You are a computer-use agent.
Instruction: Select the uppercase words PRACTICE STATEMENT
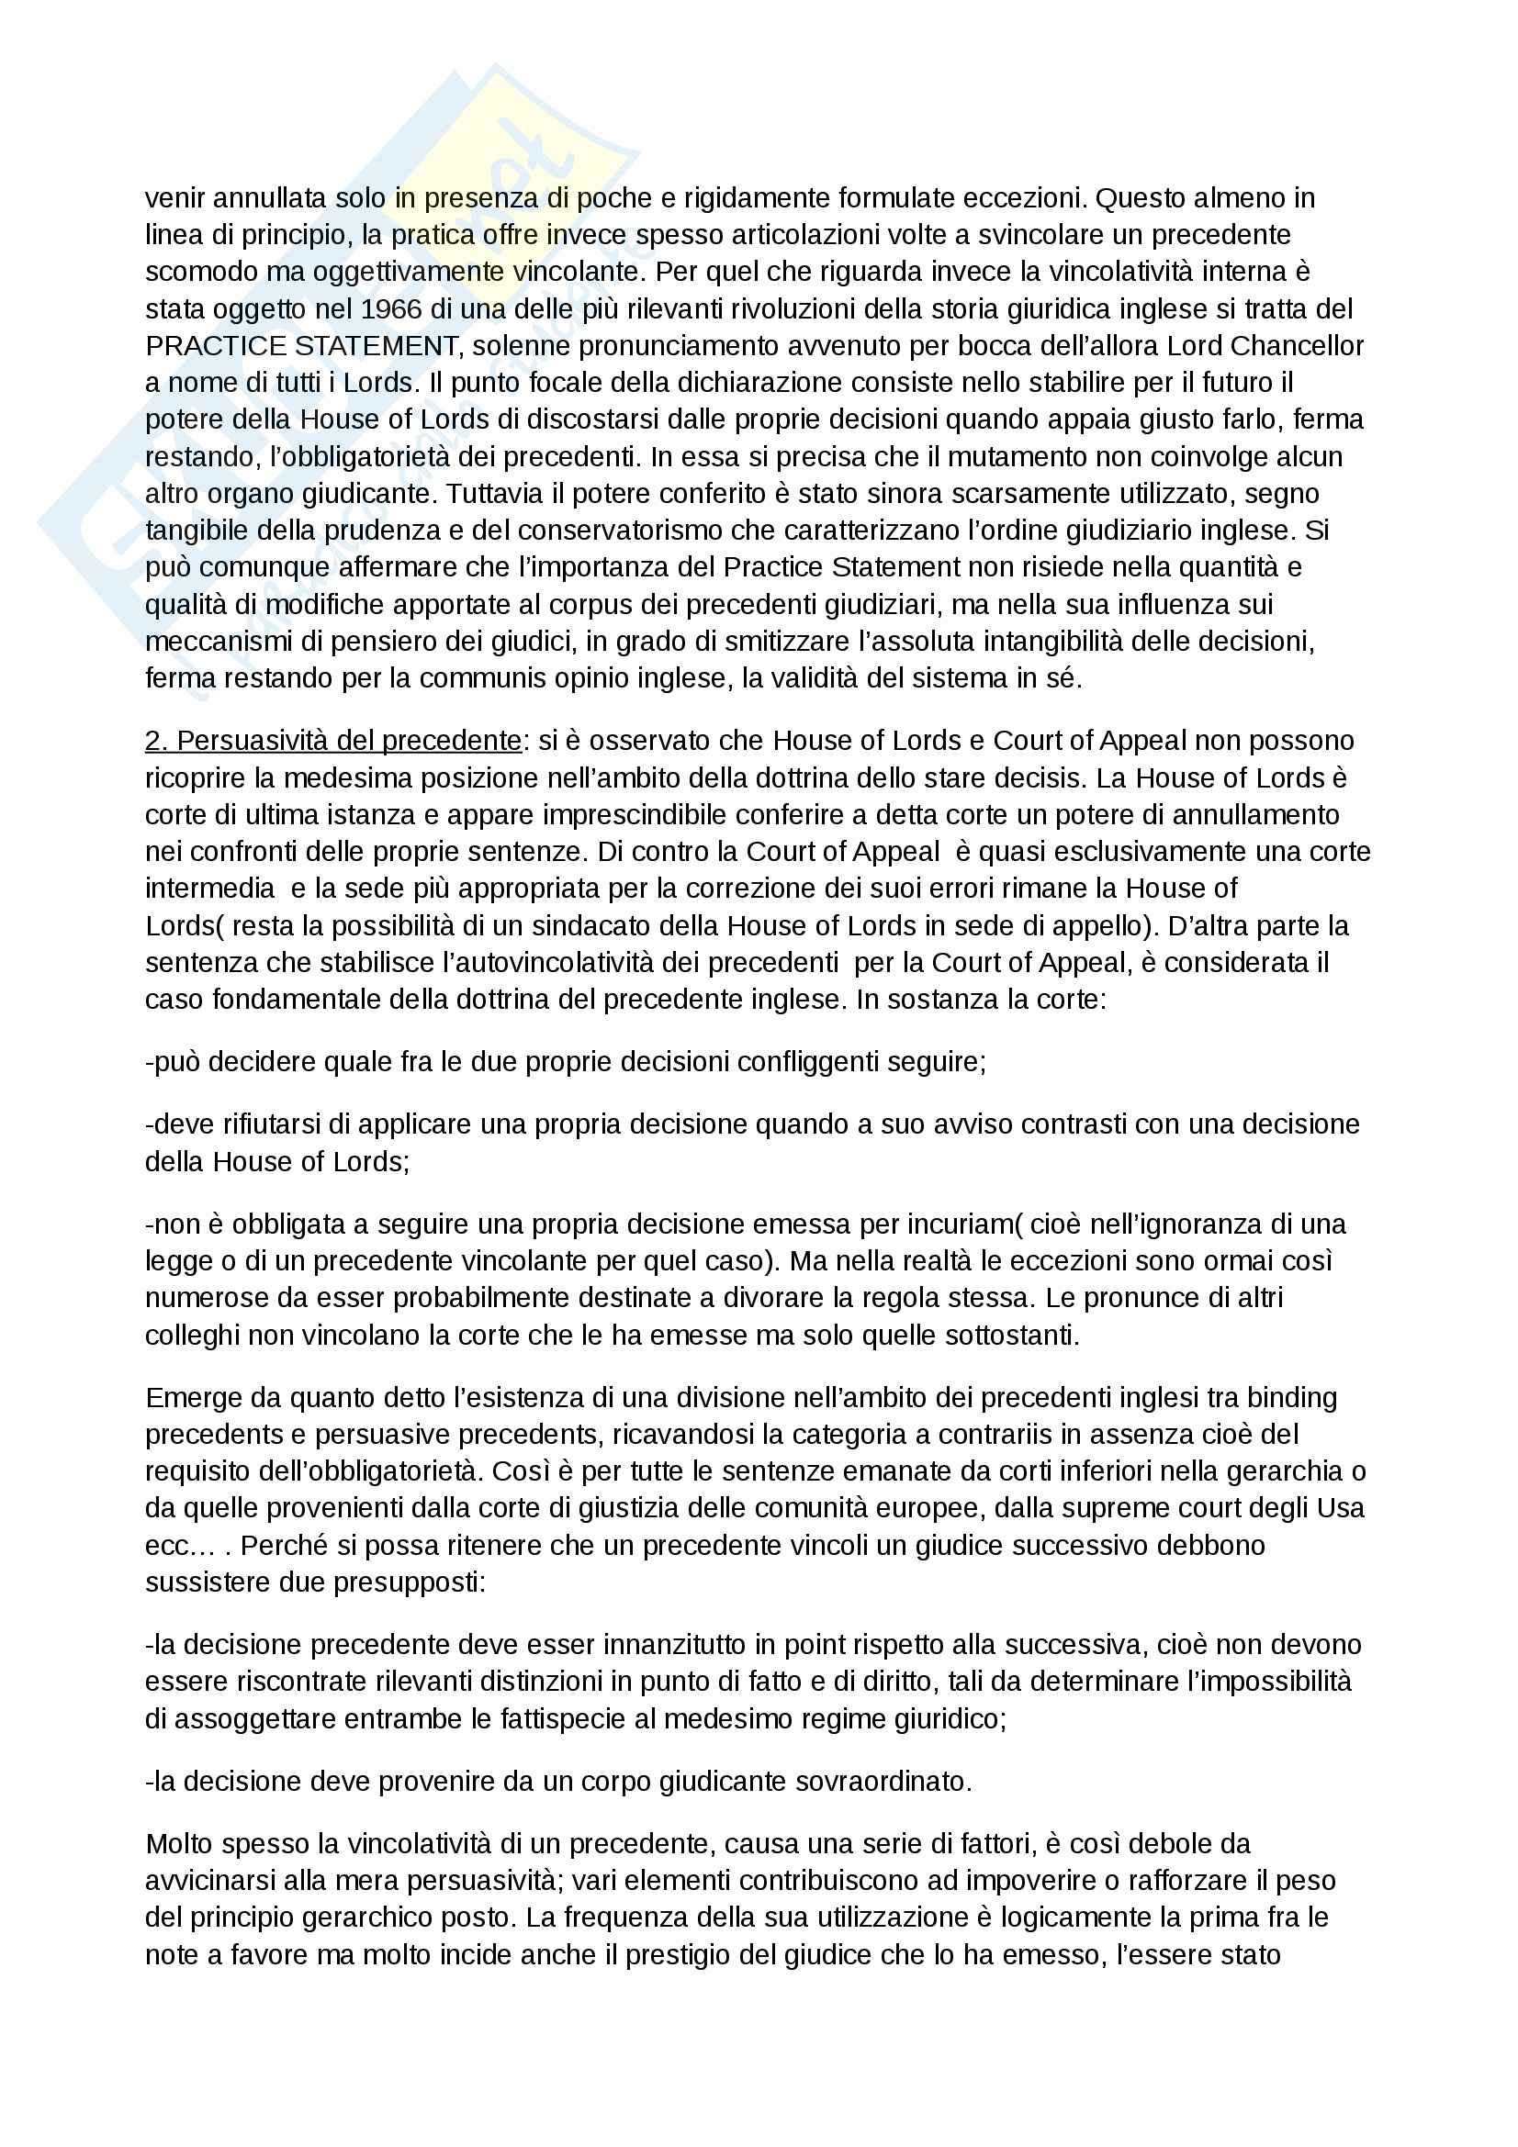301,346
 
